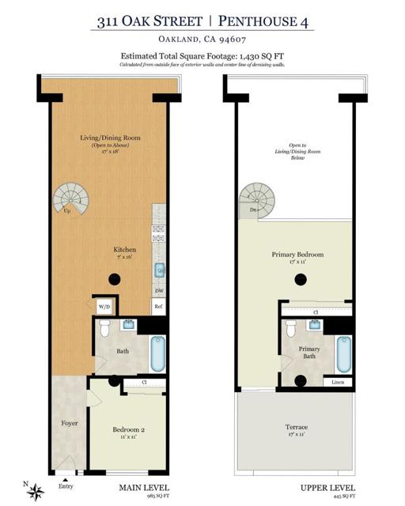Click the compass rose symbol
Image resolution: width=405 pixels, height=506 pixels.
point(35,492)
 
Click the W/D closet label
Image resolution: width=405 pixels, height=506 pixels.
point(104,306)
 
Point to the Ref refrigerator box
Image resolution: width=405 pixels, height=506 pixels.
point(158,306)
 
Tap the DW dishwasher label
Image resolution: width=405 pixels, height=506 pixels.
point(158,290)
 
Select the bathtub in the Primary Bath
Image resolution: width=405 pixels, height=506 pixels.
point(343,354)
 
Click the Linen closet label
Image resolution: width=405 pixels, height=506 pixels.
point(339,383)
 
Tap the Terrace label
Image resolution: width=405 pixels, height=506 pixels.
point(297,428)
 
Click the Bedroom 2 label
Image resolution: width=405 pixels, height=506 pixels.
point(126,429)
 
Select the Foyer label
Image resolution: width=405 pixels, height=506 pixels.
point(70,424)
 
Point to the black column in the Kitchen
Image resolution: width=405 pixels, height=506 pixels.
point(115,278)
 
